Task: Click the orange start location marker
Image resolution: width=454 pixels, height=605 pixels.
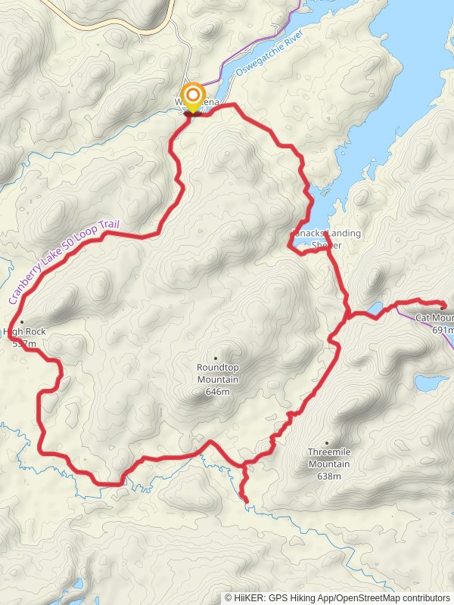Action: pyautogui.click(x=194, y=96)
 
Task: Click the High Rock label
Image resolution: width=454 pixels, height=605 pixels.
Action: pyautogui.click(x=24, y=331)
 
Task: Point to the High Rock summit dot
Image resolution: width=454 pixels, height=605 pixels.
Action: pyautogui.click(x=22, y=321)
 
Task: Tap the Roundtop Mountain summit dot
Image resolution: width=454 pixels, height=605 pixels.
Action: pyautogui.click(x=216, y=358)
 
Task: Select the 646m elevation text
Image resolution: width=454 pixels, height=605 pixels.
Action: pyautogui.click(x=217, y=392)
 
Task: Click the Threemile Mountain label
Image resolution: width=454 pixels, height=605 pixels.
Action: pyautogui.click(x=328, y=458)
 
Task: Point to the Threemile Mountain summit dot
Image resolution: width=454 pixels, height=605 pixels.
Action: pyautogui.click(x=327, y=443)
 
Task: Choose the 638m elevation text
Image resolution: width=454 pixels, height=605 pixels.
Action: pyautogui.click(x=329, y=476)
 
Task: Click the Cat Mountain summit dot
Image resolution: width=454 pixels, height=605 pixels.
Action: pyautogui.click(x=442, y=308)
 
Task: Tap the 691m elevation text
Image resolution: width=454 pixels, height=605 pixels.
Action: pyautogui.click(x=443, y=330)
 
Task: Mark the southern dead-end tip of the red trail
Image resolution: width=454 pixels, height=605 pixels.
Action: pyautogui.click(x=246, y=500)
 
